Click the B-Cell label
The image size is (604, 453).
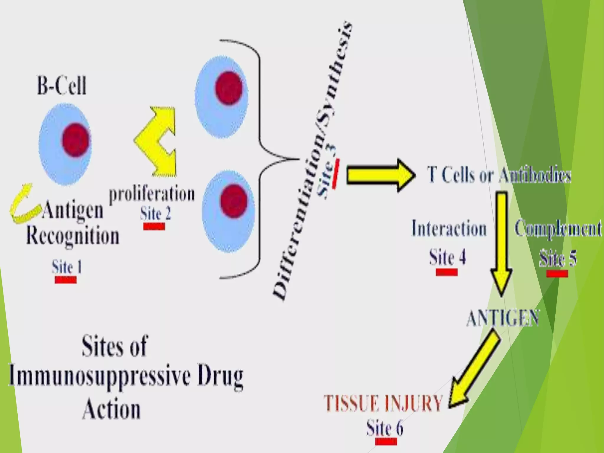coord(62,86)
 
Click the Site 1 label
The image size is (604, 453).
coord(67,267)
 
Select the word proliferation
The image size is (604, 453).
coord(152,194)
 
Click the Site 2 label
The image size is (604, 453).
coord(155,214)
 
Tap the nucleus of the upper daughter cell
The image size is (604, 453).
coord(229,88)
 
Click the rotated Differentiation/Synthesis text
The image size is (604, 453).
coord(313,159)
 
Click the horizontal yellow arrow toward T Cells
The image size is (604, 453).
coord(380,176)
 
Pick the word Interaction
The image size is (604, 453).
coord(449,229)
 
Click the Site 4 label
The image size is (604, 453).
coord(447,257)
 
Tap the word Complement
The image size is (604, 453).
coord(558,229)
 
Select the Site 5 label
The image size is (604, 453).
coord(558,259)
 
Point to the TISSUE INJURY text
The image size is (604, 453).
coord(383,403)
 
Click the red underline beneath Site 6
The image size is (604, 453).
coord(386,441)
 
